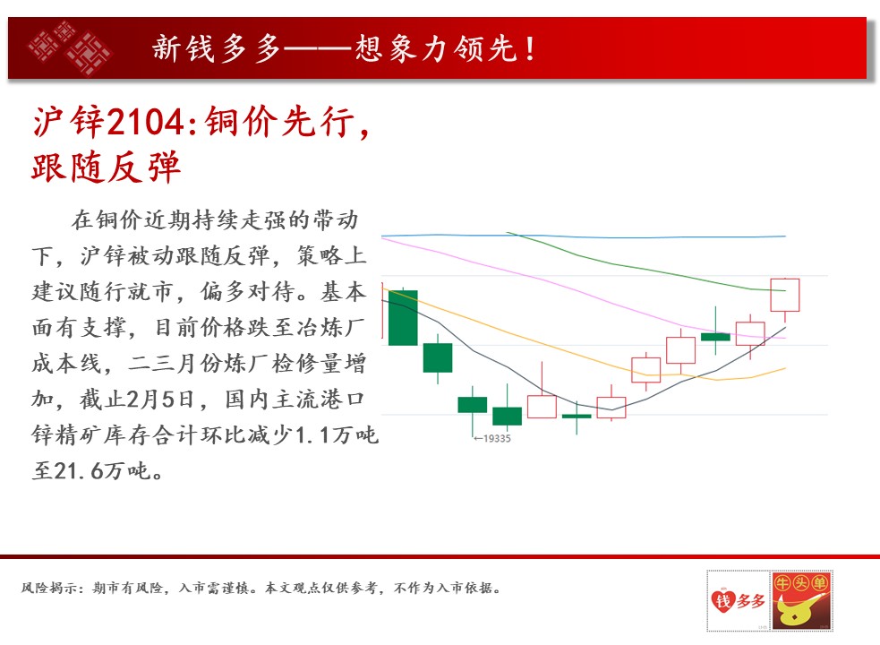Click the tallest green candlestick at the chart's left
pos(403,317)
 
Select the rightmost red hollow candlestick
pos(784,295)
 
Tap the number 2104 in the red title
pos(145,122)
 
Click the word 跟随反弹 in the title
pos(106,167)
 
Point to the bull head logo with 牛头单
pos(801,599)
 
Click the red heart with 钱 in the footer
pos(722,601)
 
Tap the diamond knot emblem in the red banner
pos(70,47)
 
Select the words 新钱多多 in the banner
pos(216,49)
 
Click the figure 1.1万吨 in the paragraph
pos(337,434)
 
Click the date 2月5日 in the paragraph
pos(160,400)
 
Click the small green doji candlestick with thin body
pos(577,417)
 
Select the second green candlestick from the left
pos(438,357)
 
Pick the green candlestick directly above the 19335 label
pos(473,405)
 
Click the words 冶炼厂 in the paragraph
pos(330,328)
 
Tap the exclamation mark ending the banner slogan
pos(530,49)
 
